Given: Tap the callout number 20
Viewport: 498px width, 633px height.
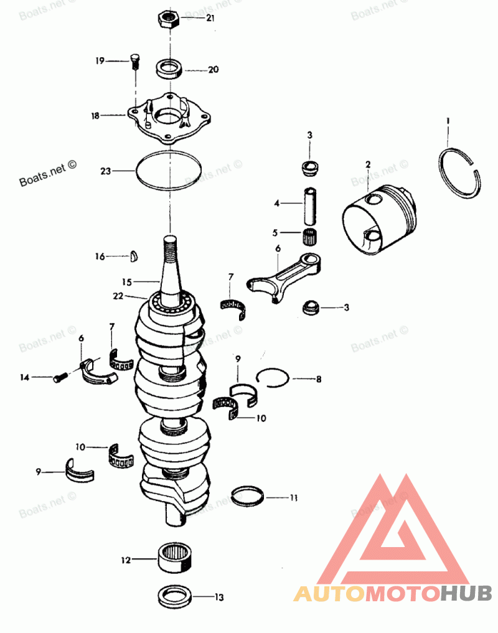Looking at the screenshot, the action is tap(213, 70).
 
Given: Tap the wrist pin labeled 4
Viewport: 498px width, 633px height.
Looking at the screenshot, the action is tap(309, 205).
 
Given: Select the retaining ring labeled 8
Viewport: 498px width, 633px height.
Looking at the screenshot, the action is tap(272, 377).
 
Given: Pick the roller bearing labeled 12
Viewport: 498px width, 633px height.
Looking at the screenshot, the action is tap(174, 556).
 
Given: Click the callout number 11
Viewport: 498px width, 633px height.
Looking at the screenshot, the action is tap(293, 497).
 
